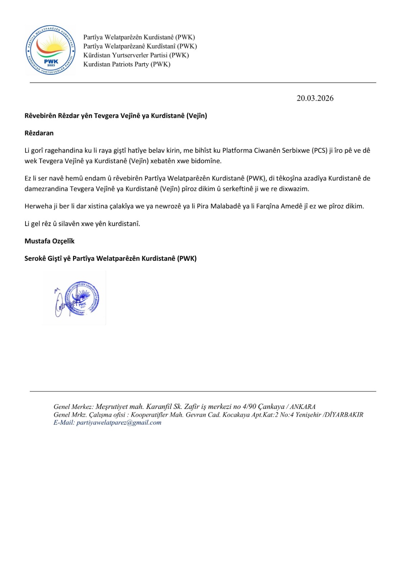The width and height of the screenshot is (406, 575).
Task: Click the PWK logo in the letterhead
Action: tap(51, 51)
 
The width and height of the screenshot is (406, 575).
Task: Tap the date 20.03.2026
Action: tap(315, 98)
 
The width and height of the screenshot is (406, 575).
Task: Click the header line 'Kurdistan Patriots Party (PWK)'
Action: tap(127, 64)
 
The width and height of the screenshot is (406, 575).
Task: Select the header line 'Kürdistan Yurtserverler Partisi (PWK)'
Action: tap(136, 55)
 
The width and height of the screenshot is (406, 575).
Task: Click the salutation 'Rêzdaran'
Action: tap(39, 133)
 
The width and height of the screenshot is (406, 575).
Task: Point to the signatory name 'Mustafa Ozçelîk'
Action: tap(49, 241)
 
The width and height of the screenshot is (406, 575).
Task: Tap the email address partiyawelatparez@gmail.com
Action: tap(119, 423)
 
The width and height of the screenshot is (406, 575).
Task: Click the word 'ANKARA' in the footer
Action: tap(303, 407)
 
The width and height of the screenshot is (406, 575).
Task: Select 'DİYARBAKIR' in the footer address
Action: tap(344, 415)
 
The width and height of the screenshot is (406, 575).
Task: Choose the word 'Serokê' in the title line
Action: tap(35, 258)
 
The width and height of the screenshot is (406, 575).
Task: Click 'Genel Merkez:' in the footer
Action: tap(73, 407)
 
